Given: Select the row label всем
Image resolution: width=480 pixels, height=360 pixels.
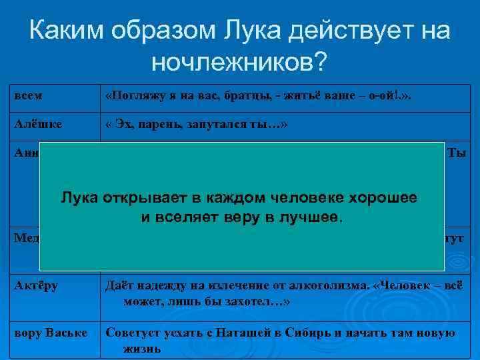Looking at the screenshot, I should (x=28, y=96).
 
